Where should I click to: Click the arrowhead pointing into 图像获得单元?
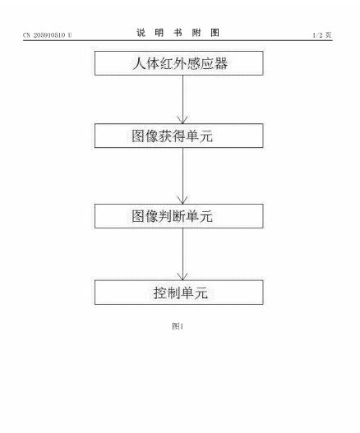pos(182,120)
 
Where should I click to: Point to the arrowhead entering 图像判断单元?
pos(182,200)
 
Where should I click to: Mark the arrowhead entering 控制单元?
pos(182,276)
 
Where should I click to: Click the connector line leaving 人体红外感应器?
pos(182,99)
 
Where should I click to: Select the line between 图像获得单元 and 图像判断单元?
pos(182,176)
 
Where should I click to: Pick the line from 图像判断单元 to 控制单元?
pos(182,254)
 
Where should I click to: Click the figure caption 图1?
pos(178,326)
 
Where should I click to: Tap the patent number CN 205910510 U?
pos(47,35)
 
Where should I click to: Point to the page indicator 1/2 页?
pos(322,35)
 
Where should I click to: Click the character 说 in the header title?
pos(141,33)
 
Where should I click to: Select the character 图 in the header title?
pos(215,33)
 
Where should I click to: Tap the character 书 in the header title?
pos(178,33)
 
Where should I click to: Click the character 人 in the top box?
pos(139,63)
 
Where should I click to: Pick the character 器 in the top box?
pos(221,63)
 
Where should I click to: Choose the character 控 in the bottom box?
pos(160,293)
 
